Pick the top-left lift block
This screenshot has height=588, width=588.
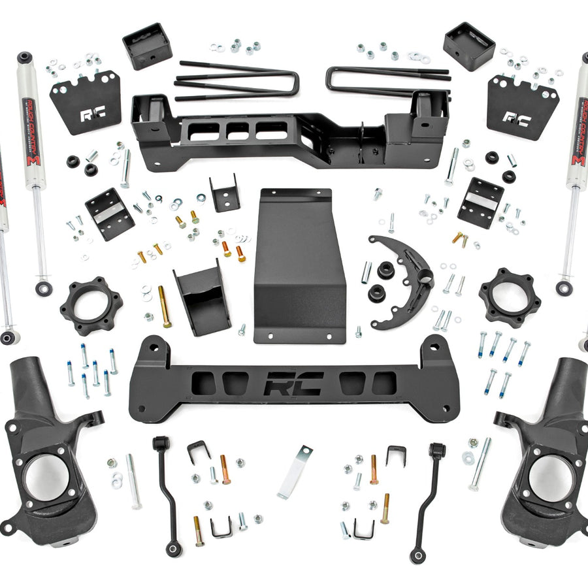point(146,46)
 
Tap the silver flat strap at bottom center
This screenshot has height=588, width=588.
point(295,472)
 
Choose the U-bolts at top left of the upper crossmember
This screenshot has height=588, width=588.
point(235,82)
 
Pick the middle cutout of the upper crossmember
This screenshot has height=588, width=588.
point(237,130)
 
